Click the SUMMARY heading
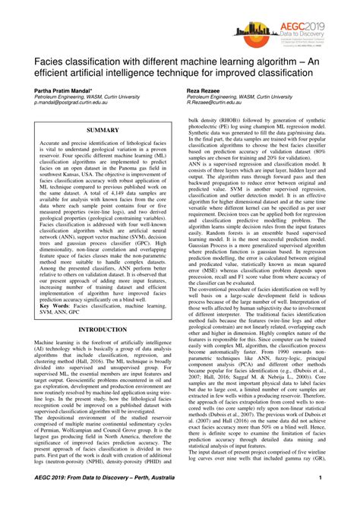(x=103, y=131)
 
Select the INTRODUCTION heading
(x=103, y=330)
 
